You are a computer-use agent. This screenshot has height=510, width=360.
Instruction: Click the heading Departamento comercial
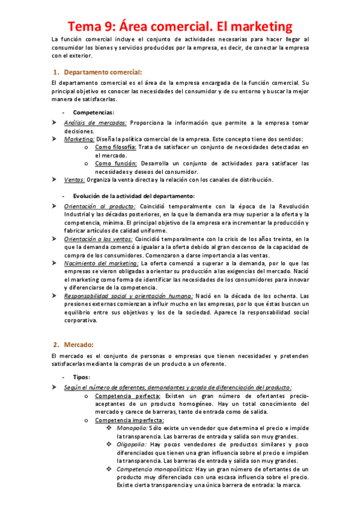point(103,72)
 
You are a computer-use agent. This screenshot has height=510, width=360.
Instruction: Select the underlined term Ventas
point(74,179)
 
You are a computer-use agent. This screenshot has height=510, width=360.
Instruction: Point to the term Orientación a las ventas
point(102,239)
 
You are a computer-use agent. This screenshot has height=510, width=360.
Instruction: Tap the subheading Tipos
point(81,377)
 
